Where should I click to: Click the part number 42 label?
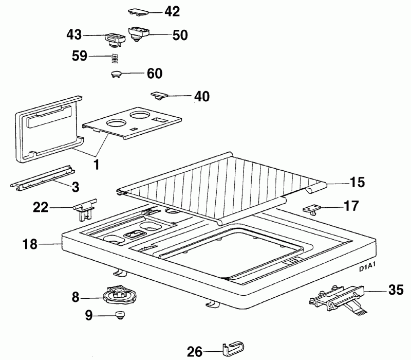[172, 11]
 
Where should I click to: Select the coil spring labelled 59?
[114, 58]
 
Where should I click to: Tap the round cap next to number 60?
[116, 74]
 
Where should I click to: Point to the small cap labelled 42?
[138, 12]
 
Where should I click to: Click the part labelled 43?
[115, 40]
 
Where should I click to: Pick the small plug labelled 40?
[159, 95]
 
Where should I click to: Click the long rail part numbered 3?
[43, 179]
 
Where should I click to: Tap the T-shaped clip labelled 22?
[84, 208]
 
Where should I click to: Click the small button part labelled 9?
[120, 315]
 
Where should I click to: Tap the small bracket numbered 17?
[312, 209]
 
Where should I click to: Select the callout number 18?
[30, 244]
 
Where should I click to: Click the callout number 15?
[358, 182]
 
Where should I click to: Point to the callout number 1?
[97, 165]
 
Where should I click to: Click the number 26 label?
[195, 352]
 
